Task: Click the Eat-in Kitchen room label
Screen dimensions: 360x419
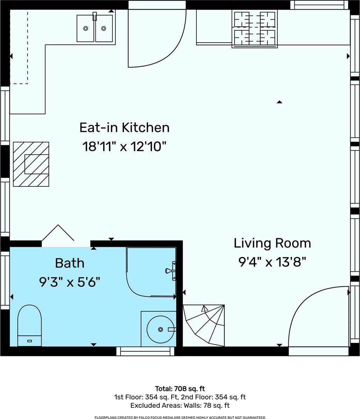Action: tap(124, 127)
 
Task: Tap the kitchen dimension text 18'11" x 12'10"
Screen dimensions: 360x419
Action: tap(124, 146)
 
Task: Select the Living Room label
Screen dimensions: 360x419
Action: tap(272, 243)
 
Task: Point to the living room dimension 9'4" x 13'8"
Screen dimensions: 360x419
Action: tap(272, 262)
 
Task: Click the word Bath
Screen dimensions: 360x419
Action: tap(70, 263)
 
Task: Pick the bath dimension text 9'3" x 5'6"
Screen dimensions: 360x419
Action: tap(70, 282)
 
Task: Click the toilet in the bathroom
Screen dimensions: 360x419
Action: tap(29, 325)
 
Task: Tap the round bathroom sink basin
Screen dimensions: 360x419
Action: tap(160, 330)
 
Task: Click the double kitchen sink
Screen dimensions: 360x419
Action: tap(95, 28)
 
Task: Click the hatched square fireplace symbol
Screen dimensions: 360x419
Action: tap(31, 164)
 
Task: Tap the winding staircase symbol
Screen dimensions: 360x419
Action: tap(204, 325)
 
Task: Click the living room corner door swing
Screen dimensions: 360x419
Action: tap(304, 300)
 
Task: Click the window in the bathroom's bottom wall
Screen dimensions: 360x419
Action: tap(145, 351)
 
